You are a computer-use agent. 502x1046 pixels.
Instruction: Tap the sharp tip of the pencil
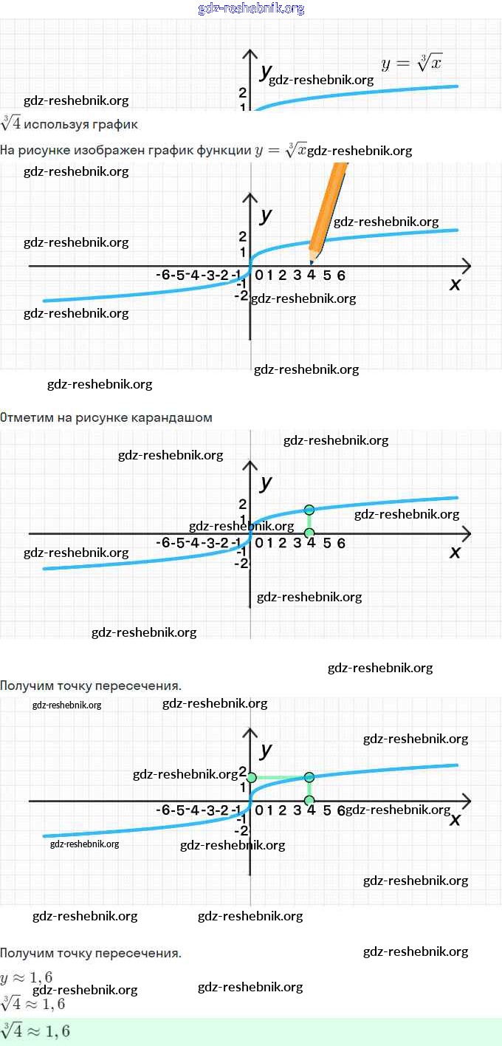312,263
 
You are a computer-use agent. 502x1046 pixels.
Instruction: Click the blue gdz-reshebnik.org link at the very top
251,9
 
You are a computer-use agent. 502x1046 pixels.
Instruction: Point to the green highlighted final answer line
251,1031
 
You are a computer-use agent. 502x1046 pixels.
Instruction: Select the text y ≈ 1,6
27,977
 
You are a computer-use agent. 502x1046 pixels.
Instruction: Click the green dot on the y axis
251,778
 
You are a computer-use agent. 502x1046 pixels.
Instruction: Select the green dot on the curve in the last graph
309,777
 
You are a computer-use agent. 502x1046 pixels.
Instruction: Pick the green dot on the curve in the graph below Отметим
309,510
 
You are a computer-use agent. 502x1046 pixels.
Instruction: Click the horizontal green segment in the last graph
281,777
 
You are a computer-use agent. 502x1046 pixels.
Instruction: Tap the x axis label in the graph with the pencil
455,284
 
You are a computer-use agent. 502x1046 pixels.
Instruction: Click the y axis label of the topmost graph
265,72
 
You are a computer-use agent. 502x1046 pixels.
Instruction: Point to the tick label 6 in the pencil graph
341,276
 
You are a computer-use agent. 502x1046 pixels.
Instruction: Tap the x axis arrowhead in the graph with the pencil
466,265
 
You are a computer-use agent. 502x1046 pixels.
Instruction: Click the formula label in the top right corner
411,64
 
